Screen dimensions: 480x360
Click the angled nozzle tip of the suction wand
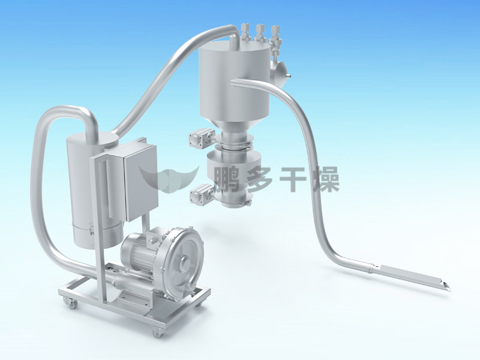446,287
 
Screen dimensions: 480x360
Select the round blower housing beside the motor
182,260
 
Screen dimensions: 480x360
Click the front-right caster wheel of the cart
158,332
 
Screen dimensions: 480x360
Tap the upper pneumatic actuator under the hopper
202,139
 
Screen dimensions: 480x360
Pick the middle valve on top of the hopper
260,33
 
